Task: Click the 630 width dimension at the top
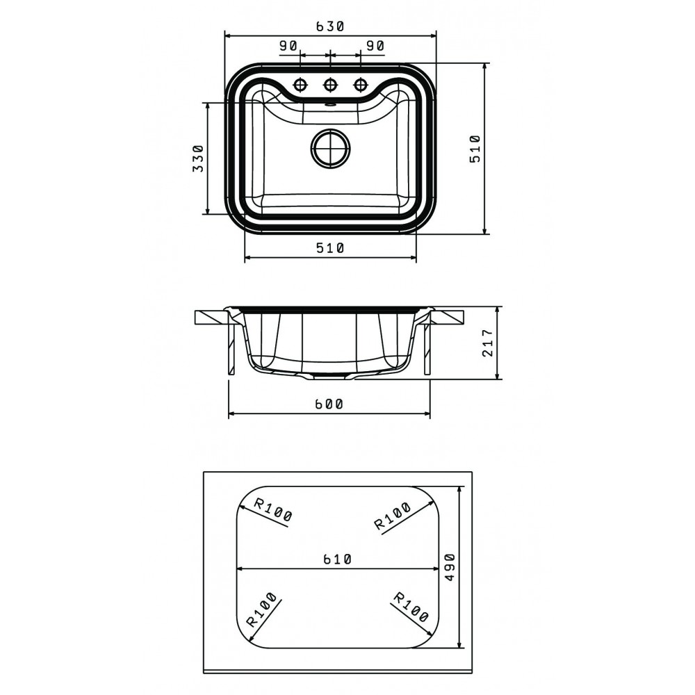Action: coord(330,26)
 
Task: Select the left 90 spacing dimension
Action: coord(288,46)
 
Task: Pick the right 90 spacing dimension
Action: coord(375,46)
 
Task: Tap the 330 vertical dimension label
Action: coord(197,158)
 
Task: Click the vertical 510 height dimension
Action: coord(475,149)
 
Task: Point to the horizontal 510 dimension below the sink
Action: coord(330,248)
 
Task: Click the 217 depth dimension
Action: coord(488,343)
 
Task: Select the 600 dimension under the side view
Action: coord(329,404)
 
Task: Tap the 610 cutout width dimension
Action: coord(337,559)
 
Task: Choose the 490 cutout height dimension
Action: coord(450,567)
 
